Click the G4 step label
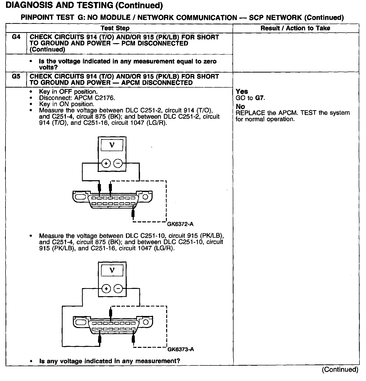[x=16, y=37]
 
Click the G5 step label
[x=16, y=76]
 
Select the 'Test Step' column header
[x=115, y=28]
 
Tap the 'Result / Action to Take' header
[x=295, y=28]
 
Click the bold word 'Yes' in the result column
[x=242, y=92]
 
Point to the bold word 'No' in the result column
[x=240, y=107]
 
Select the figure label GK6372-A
[x=180, y=224]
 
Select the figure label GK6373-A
[x=180, y=349]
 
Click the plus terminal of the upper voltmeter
[x=106, y=164]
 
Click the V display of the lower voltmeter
[x=112, y=270]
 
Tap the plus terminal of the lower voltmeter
[x=106, y=289]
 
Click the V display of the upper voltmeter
[x=112, y=145]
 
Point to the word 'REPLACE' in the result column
[x=250, y=113]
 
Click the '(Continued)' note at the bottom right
[x=340, y=369]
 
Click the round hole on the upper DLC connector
[x=145, y=197]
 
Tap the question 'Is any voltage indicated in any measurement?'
[x=110, y=361]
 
